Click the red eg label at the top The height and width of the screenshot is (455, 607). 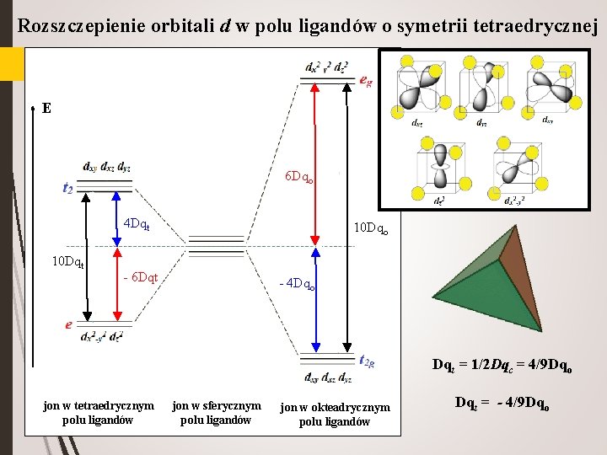(x=366, y=81)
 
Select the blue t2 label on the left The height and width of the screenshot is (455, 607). (x=67, y=189)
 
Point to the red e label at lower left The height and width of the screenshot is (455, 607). (x=68, y=324)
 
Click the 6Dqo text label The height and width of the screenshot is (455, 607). (x=300, y=177)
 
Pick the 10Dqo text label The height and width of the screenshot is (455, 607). (x=371, y=227)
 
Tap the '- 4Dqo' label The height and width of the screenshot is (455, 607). (x=297, y=284)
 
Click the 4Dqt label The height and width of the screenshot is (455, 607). (x=137, y=225)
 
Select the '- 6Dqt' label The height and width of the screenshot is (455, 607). (x=141, y=277)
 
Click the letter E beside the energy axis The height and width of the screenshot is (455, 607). (x=46, y=109)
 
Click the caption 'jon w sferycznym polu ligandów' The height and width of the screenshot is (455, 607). (x=217, y=412)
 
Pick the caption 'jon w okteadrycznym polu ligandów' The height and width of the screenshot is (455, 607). (x=336, y=414)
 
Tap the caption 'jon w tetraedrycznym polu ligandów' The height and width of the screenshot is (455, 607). (x=99, y=412)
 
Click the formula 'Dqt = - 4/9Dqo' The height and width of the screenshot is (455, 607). (x=502, y=404)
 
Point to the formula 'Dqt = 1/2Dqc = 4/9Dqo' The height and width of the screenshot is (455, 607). (x=502, y=365)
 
